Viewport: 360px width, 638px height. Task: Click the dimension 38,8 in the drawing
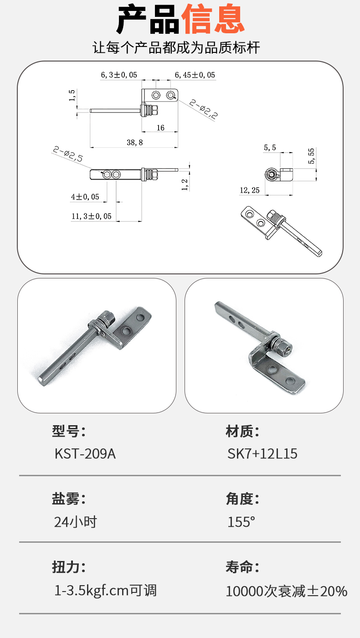pos(135,142)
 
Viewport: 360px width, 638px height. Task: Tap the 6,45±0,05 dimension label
pos(195,75)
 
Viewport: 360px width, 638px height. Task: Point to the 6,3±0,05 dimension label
pos(119,75)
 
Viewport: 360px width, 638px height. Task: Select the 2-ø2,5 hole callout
pos(68,154)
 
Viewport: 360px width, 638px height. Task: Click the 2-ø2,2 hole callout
pos(204,108)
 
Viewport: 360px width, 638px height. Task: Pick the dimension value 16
pos(160,128)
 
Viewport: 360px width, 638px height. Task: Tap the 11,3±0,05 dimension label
pos(92,216)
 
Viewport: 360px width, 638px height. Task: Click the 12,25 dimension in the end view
pos(250,190)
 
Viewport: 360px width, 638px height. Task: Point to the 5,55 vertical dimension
pos(311,156)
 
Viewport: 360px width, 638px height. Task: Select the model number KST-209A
pos(85,453)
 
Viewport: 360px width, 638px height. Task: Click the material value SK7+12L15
pos(262,453)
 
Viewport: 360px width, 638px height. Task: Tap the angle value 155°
pos(241,522)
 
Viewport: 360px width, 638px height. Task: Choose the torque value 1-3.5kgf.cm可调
pos(105,591)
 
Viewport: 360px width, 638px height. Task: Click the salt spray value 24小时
pos(76,522)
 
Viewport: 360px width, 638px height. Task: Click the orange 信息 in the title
pos(213,19)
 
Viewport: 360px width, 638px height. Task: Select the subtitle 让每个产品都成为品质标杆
pos(176,47)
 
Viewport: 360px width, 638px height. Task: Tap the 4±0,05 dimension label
pos(85,197)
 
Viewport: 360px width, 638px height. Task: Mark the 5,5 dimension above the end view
pos(270,148)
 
